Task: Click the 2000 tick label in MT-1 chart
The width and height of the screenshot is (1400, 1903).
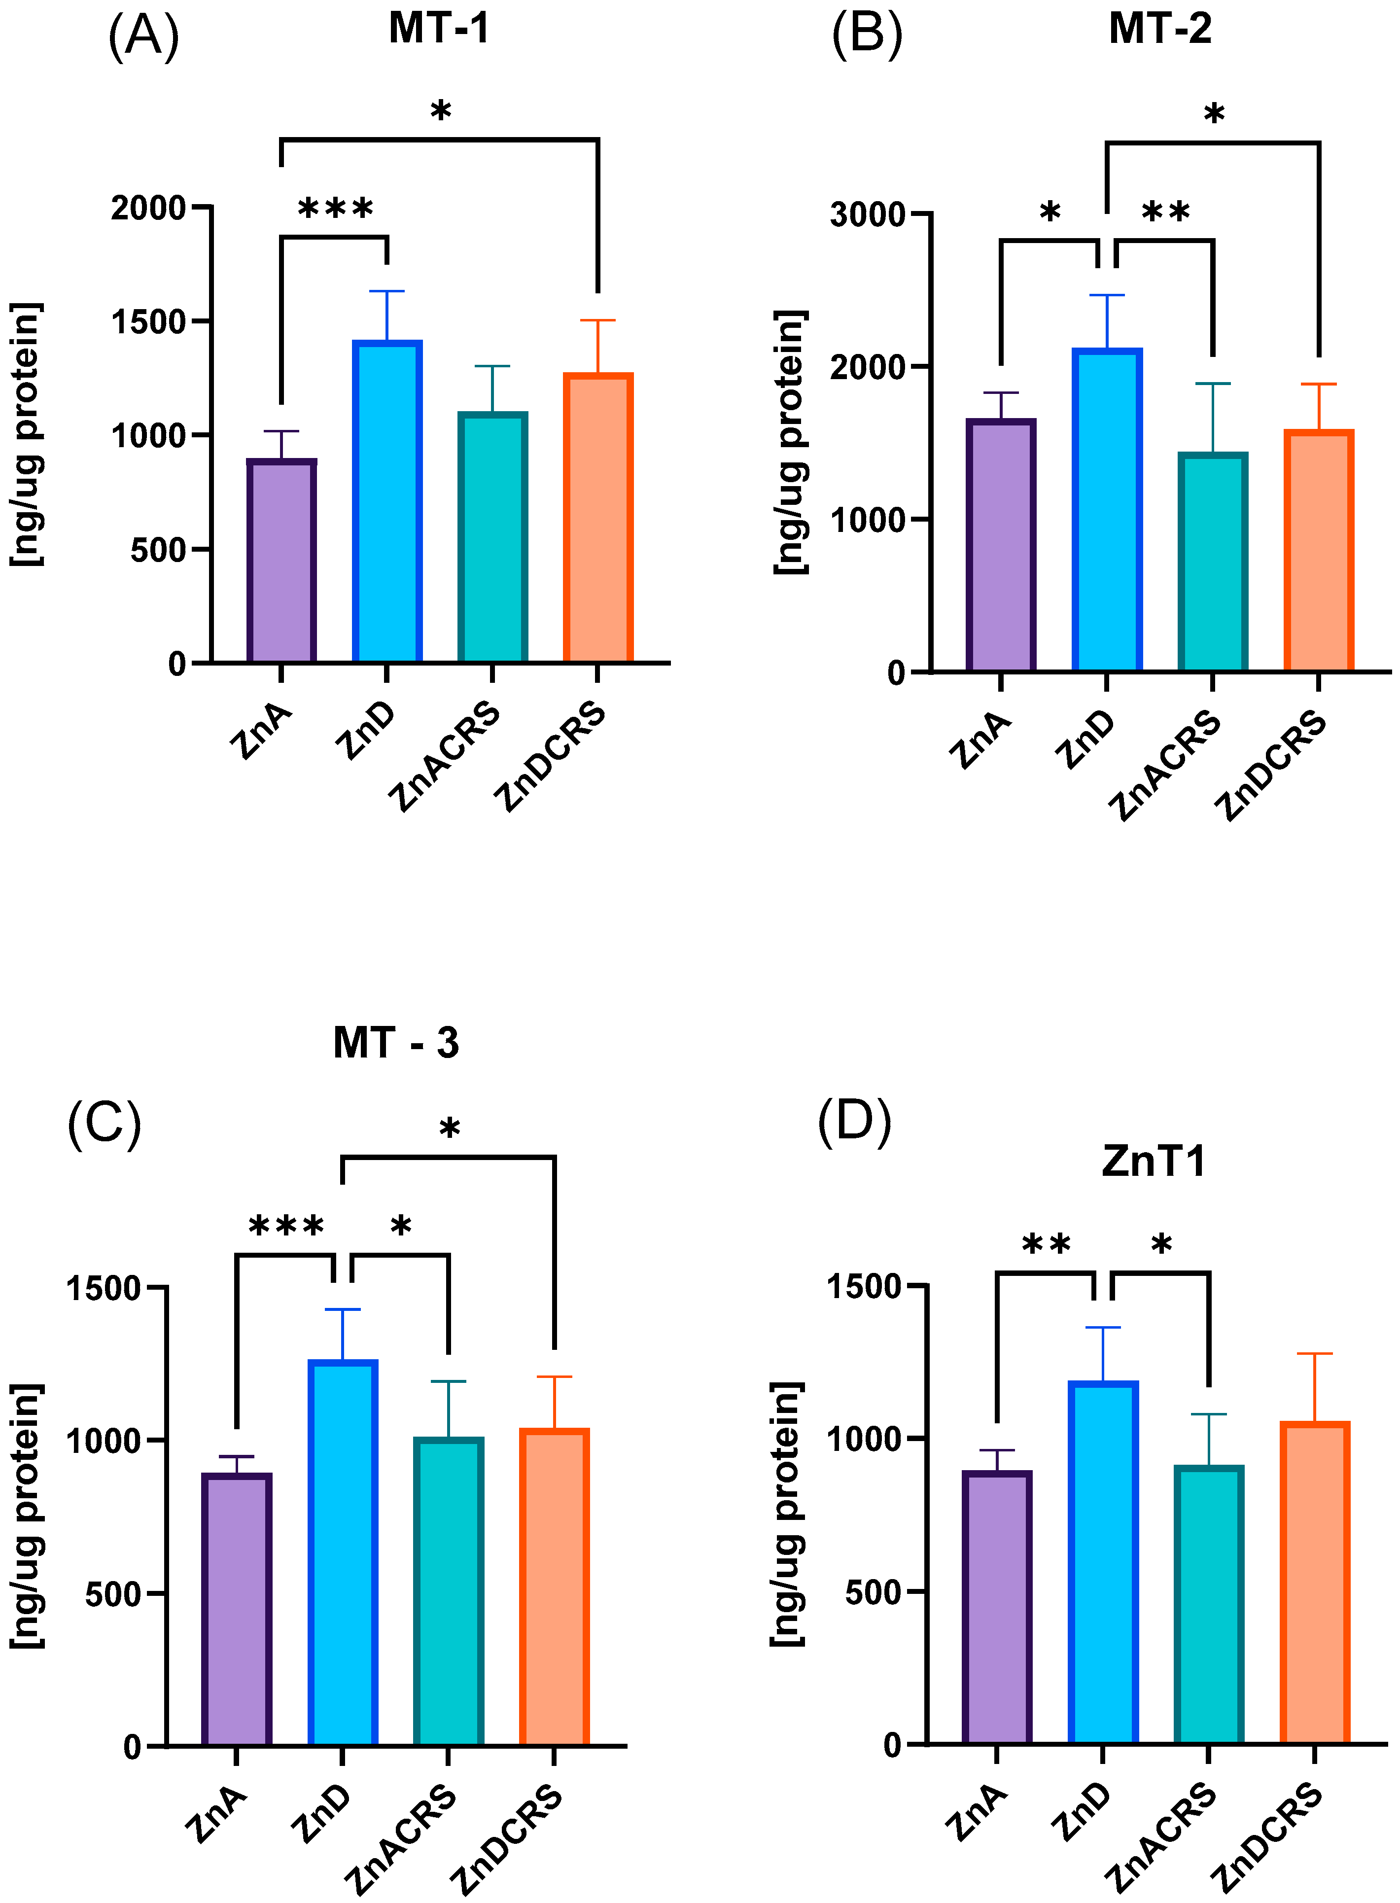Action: click(x=148, y=208)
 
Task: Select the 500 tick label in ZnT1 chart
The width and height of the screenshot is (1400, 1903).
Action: click(x=873, y=1591)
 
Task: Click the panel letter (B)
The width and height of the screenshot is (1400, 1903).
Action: click(x=867, y=35)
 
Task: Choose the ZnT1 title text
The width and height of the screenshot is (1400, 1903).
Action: click(x=1154, y=1161)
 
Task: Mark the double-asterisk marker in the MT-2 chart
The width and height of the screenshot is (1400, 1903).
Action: click(x=1165, y=212)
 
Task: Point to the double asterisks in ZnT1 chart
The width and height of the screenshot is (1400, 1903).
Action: click(x=1046, y=1245)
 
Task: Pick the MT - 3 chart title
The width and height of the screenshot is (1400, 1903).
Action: click(x=396, y=1042)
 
